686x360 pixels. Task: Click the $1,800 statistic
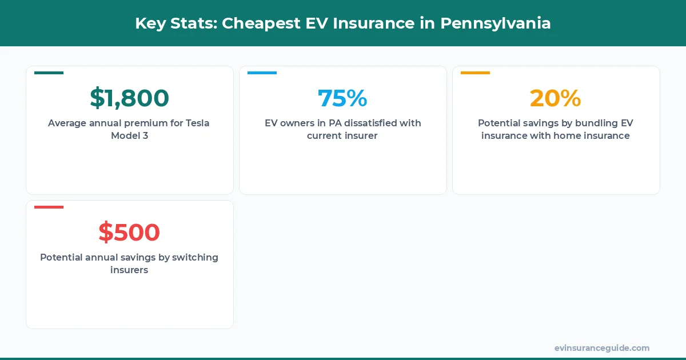pyautogui.click(x=129, y=98)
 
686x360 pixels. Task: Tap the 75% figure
pyautogui.click(x=342, y=98)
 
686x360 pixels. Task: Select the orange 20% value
pyautogui.click(x=555, y=98)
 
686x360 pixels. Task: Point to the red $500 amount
pyautogui.click(x=129, y=232)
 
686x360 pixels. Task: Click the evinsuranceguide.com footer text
pyautogui.click(x=602, y=348)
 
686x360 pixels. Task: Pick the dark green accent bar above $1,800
pyautogui.click(x=49, y=73)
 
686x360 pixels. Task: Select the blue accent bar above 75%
pyautogui.click(x=262, y=73)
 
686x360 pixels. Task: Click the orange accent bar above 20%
pyautogui.click(x=475, y=73)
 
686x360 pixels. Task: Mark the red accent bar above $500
pyautogui.click(x=49, y=207)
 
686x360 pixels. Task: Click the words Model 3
pyautogui.click(x=129, y=136)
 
